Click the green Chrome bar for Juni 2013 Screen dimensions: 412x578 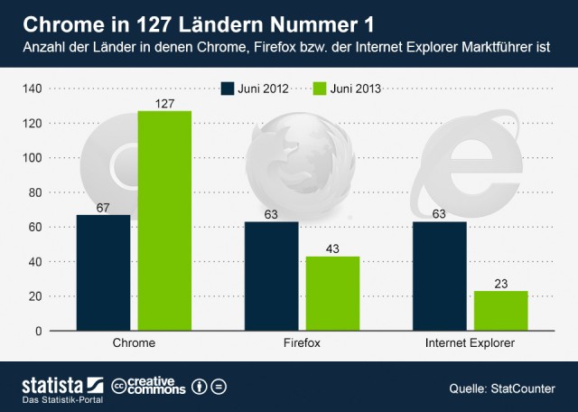click(x=164, y=220)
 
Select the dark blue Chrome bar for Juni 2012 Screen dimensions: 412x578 click(x=103, y=273)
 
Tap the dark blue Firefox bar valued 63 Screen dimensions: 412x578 click(x=271, y=276)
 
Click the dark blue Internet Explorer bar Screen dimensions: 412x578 click(x=439, y=276)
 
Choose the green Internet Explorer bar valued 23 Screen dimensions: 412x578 click(x=500, y=311)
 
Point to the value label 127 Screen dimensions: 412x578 click(x=164, y=103)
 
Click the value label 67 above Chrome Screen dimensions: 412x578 click(x=103, y=207)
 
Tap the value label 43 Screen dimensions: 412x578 click(x=332, y=248)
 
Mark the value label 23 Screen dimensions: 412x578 click(x=500, y=283)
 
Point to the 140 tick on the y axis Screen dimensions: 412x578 click(x=33, y=89)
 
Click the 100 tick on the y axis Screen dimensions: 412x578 click(x=33, y=158)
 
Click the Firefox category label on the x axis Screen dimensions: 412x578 click(x=302, y=344)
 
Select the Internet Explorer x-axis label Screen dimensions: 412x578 click(x=470, y=344)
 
